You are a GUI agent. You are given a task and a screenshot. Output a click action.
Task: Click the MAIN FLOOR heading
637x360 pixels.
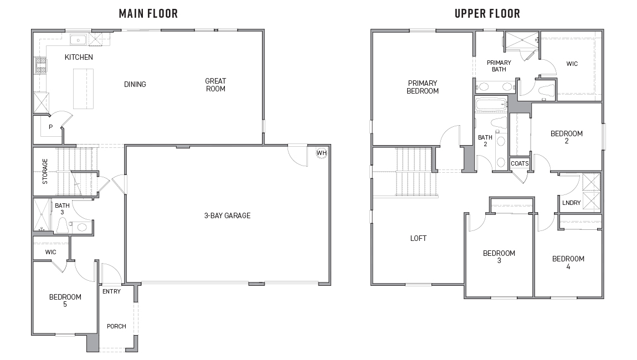coord(148,13)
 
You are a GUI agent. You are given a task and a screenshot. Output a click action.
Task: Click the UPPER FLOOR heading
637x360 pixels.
coord(487,13)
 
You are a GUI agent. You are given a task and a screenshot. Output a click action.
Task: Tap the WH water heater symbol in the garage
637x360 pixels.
coord(321,152)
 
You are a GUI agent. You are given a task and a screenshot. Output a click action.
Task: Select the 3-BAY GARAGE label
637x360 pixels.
coord(227,215)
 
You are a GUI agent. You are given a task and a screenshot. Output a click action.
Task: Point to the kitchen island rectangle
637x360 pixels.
coord(82,89)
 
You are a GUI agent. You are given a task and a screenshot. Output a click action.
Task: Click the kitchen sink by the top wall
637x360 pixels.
coord(78,39)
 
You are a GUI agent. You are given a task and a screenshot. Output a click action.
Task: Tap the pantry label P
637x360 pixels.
coord(50,127)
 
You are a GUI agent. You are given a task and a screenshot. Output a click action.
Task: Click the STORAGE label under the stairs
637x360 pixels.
coord(45,171)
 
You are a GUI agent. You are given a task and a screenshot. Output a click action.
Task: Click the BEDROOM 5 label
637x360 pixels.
coord(65,300)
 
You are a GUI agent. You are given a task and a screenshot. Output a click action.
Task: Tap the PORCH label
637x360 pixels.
coord(116,326)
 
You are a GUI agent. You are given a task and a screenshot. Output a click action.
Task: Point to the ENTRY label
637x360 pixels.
coord(111,291)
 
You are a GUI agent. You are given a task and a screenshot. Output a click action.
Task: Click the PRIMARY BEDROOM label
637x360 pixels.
coord(423,87)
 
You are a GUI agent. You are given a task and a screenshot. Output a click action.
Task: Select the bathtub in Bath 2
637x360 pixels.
coord(491,104)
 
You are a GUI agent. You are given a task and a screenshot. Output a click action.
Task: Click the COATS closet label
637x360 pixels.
coord(520,163)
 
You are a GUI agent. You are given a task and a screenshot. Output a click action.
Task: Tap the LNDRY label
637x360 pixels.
coord(571,203)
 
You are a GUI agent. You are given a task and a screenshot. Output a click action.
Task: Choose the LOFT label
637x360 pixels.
coord(418,238)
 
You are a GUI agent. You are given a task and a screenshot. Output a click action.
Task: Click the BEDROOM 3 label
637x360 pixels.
coord(499,257)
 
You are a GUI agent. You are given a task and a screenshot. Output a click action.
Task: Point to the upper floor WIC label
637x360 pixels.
coord(572,64)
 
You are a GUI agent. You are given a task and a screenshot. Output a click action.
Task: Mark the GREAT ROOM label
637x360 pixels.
coord(215,85)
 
